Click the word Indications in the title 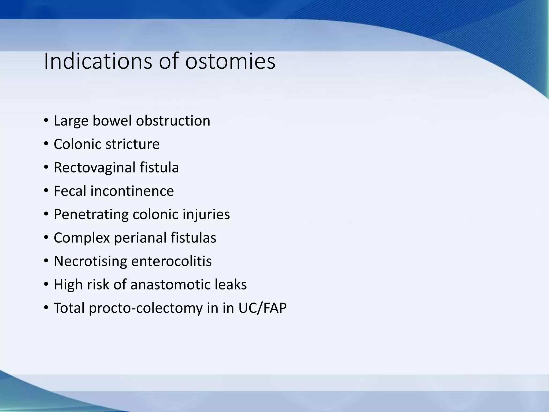click(x=98, y=61)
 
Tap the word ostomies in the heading click(x=230, y=61)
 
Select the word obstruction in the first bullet click(x=173, y=121)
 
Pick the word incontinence click(x=132, y=191)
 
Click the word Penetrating click(x=91, y=214)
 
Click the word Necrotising click(x=90, y=261)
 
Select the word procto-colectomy click(x=146, y=308)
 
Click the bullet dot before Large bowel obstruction click(x=46, y=120)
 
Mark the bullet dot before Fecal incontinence click(x=46, y=190)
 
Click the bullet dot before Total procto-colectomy click(x=46, y=307)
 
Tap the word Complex click(x=82, y=238)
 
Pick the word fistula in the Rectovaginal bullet click(x=159, y=167)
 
